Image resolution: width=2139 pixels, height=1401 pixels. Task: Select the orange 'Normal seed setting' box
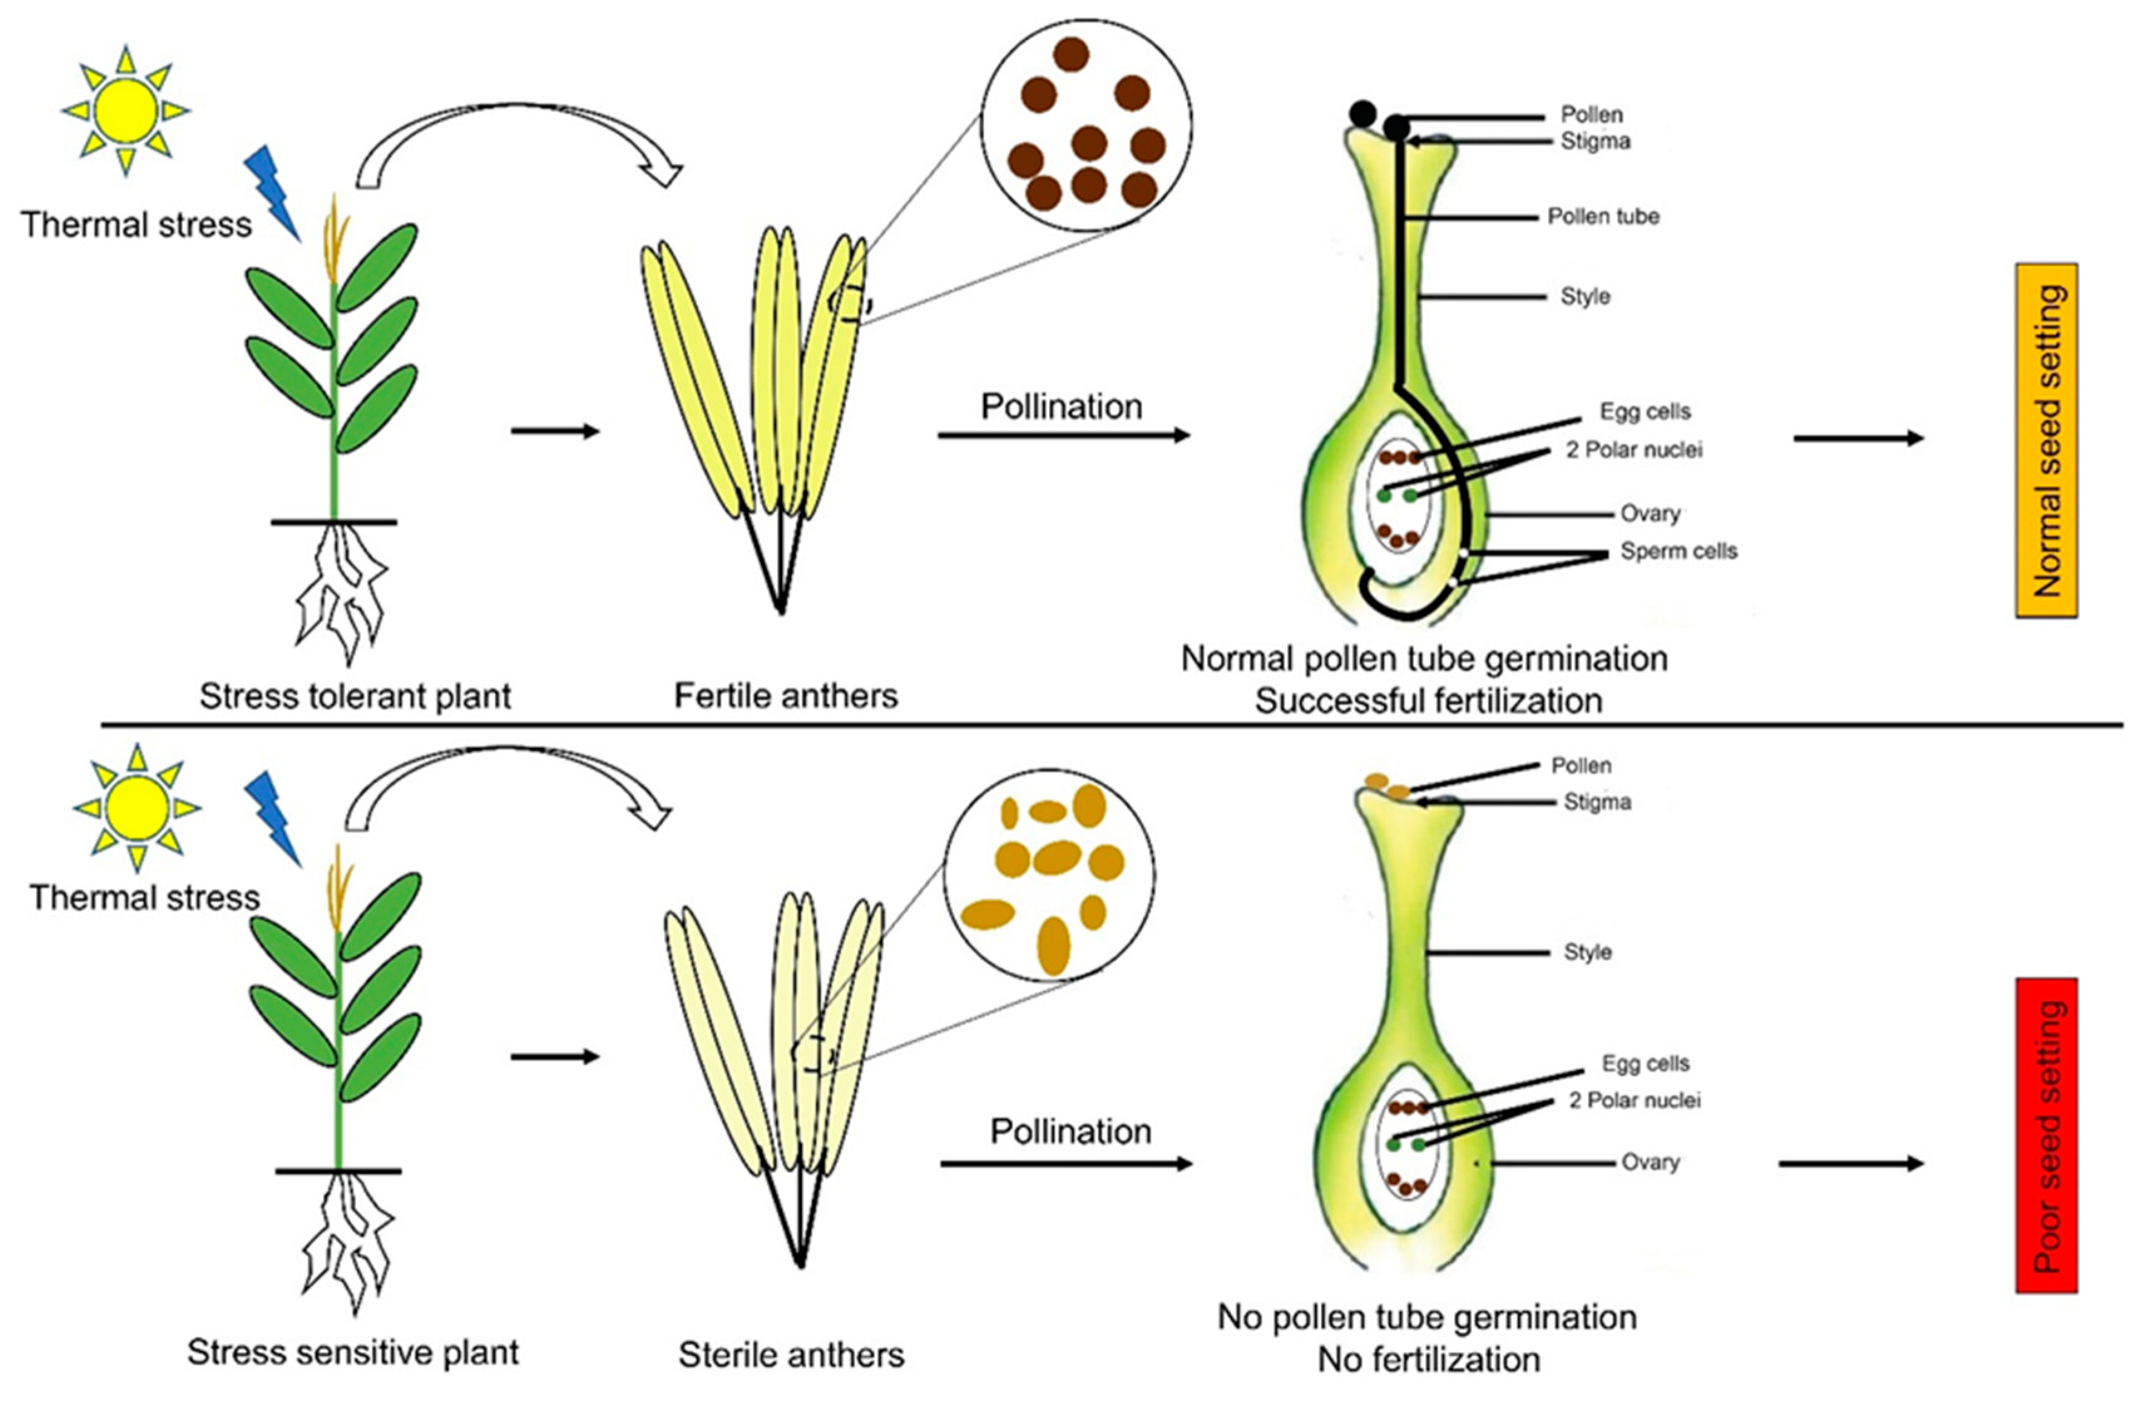(x=2046, y=440)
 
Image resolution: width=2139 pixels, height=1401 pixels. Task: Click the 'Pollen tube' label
(x=1603, y=217)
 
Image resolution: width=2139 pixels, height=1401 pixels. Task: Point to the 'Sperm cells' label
(x=1678, y=551)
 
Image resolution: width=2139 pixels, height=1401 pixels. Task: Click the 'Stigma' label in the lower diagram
(x=1597, y=802)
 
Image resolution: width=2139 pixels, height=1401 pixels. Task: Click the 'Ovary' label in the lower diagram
(x=1650, y=1162)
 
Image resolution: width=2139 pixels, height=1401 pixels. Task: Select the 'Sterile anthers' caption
(x=791, y=1354)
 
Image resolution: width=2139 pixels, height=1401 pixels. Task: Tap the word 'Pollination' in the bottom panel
(x=1069, y=1130)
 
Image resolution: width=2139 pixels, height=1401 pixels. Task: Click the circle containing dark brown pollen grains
(x=1085, y=126)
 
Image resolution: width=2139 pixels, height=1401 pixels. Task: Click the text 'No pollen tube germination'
(x=1426, y=1316)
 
